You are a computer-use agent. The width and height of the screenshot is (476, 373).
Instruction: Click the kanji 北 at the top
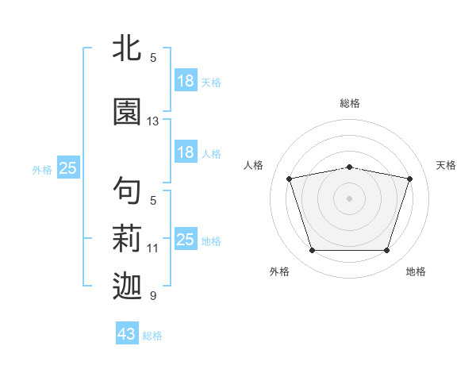tap(127, 48)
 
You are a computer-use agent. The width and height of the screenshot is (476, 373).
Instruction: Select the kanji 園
tap(127, 111)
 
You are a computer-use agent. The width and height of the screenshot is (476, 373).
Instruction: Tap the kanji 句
tap(127, 190)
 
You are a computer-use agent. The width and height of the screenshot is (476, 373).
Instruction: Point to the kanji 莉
tap(127, 238)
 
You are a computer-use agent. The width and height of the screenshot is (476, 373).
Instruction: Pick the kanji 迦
tap(127, 286)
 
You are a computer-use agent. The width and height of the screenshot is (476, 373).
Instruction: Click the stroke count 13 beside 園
tap(152, 121)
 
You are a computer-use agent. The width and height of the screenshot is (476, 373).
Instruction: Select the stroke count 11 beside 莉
tap(152, 248)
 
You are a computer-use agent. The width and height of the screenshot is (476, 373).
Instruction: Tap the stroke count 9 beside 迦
tap(153, 295)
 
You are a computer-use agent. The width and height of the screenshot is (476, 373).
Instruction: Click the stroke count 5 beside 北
tap(153, 58)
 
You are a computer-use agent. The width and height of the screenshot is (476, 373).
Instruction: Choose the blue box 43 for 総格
tap(127, 333)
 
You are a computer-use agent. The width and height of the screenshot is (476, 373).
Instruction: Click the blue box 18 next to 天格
tap(186, 80)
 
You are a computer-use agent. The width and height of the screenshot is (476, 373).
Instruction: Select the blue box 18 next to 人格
tap(186, 152)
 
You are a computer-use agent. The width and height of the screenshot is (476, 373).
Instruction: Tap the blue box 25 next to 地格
tap(186, 238)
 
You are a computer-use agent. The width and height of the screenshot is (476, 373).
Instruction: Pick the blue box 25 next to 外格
tap(68, 167)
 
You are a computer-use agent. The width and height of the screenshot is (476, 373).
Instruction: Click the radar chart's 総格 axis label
tap(350, 104)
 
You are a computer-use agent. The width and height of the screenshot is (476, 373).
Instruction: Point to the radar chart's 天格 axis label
tap(446, 165)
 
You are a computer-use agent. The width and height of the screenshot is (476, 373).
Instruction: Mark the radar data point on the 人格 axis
tap(289, 179)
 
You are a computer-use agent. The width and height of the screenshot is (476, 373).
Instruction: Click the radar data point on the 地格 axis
tap(387, 251)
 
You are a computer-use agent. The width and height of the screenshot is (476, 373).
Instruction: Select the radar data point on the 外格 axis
tap(312, 251)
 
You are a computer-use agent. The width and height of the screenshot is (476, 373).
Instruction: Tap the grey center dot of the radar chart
tap(349, 198)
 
